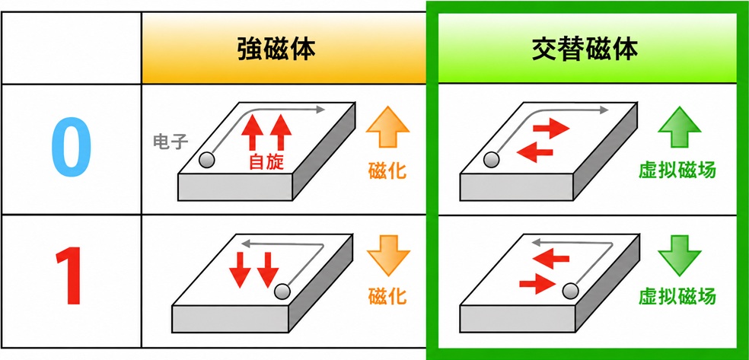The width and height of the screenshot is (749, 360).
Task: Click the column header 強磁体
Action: click(276, 49)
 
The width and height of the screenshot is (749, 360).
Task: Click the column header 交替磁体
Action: click(585, 49)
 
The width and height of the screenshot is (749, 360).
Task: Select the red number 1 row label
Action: click(70, 277)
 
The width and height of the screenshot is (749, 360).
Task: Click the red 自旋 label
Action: click(266, 162)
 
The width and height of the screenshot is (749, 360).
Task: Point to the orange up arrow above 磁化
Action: click(387, 127)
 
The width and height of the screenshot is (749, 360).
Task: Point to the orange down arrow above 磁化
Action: click(388, 256)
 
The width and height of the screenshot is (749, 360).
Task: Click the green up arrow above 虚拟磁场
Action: click(679, 127)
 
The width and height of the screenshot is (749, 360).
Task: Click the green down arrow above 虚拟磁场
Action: click(679, 256)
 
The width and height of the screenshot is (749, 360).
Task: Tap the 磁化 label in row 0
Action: click(387, 170)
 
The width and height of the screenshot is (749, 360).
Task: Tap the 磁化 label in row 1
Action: click(387, 296)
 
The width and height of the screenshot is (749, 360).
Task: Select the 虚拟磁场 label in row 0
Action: click(677, 170)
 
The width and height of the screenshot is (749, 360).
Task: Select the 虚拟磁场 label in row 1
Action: click(677, 296)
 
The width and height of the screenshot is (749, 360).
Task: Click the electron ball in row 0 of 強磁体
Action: click(207, 160)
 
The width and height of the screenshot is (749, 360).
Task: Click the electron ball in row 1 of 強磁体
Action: click(282, 291)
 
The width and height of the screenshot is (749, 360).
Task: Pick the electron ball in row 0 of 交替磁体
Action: click(490, 160)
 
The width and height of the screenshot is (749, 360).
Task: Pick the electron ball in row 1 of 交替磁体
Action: click(570, 290)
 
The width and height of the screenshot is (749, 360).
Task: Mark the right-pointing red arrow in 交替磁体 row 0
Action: click(552, 128)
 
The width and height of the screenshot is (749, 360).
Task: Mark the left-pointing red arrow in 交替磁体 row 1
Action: click(551, 259)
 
